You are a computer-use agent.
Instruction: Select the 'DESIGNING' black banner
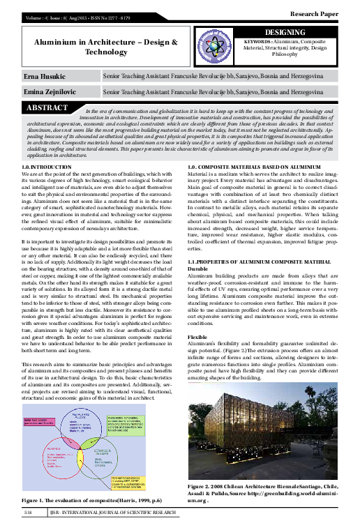coord(297,33)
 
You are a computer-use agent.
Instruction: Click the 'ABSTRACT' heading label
coord(47,108)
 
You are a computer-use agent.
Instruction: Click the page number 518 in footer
coord(29,513)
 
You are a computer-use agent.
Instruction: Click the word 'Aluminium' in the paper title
coord(68,43)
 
